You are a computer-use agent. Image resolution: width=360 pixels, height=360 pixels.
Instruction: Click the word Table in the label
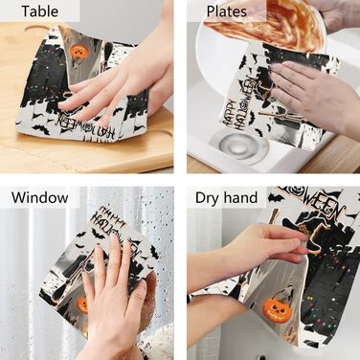click(x=40, y=11)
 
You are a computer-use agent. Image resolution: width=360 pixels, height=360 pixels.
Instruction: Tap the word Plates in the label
click(x=227, y=11)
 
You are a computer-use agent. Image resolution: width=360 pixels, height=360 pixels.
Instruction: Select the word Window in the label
click(x=40, y=197)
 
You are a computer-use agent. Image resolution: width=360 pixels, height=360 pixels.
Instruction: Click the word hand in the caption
click(x=241, y=197)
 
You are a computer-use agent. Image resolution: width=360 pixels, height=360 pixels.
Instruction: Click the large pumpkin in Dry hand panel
click(x=277, y=305)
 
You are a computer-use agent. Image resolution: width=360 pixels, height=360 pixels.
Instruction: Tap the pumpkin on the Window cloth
click(x=83, y=304)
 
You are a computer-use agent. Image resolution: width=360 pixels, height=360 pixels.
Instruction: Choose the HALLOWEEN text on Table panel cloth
click(x=86, y=126)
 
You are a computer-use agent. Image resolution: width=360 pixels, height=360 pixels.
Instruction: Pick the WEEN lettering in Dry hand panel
click(x=323, y=204)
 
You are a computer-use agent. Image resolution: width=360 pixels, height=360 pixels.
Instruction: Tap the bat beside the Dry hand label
click(x=276, y=198)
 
